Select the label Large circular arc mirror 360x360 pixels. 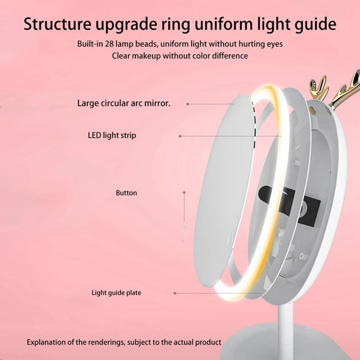pos(124,103)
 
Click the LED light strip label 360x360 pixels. pos(112,135)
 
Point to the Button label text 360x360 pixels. pos(126,193)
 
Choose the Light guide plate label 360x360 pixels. pos(116,293)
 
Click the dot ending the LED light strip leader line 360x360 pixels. pos(180,136)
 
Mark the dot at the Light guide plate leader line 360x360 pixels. pos(175,293)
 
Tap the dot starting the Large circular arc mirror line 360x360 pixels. pos(188,104)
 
